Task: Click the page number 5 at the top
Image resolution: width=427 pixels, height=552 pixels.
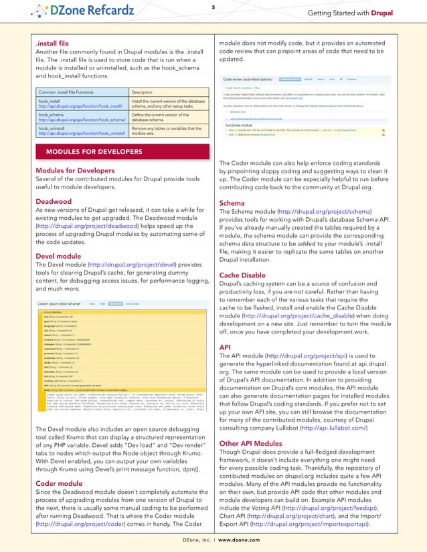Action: pos(213,7)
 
